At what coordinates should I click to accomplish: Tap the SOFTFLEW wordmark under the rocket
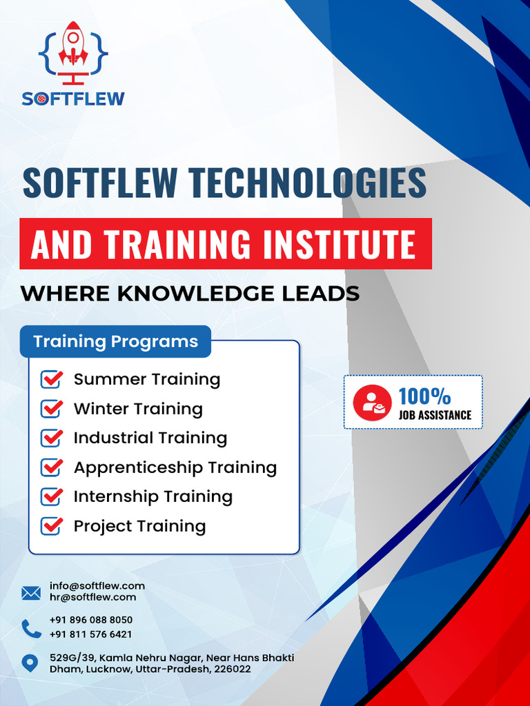pos(73,99)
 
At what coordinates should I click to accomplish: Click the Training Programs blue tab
pos(115,341)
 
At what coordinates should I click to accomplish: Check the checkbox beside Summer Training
pos(52,379)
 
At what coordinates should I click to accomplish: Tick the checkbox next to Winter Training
pos(52,409)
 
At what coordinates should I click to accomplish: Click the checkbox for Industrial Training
pos(52,438)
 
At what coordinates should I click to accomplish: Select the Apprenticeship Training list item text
pos(175,467)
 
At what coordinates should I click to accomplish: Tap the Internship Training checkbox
pos(52,496)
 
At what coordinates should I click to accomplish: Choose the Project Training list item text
pos(139,526)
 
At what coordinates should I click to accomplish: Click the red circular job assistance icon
pos(373,402)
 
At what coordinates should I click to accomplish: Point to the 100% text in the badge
pos(424,396)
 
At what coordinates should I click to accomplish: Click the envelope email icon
pos(31,592)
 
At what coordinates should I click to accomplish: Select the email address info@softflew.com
pos(97,586)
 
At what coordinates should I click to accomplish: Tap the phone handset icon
pos(31,628)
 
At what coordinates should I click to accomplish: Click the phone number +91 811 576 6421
pos(91,634)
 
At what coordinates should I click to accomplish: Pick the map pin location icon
pos(30,664)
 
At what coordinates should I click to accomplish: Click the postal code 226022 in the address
pos(233,669)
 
